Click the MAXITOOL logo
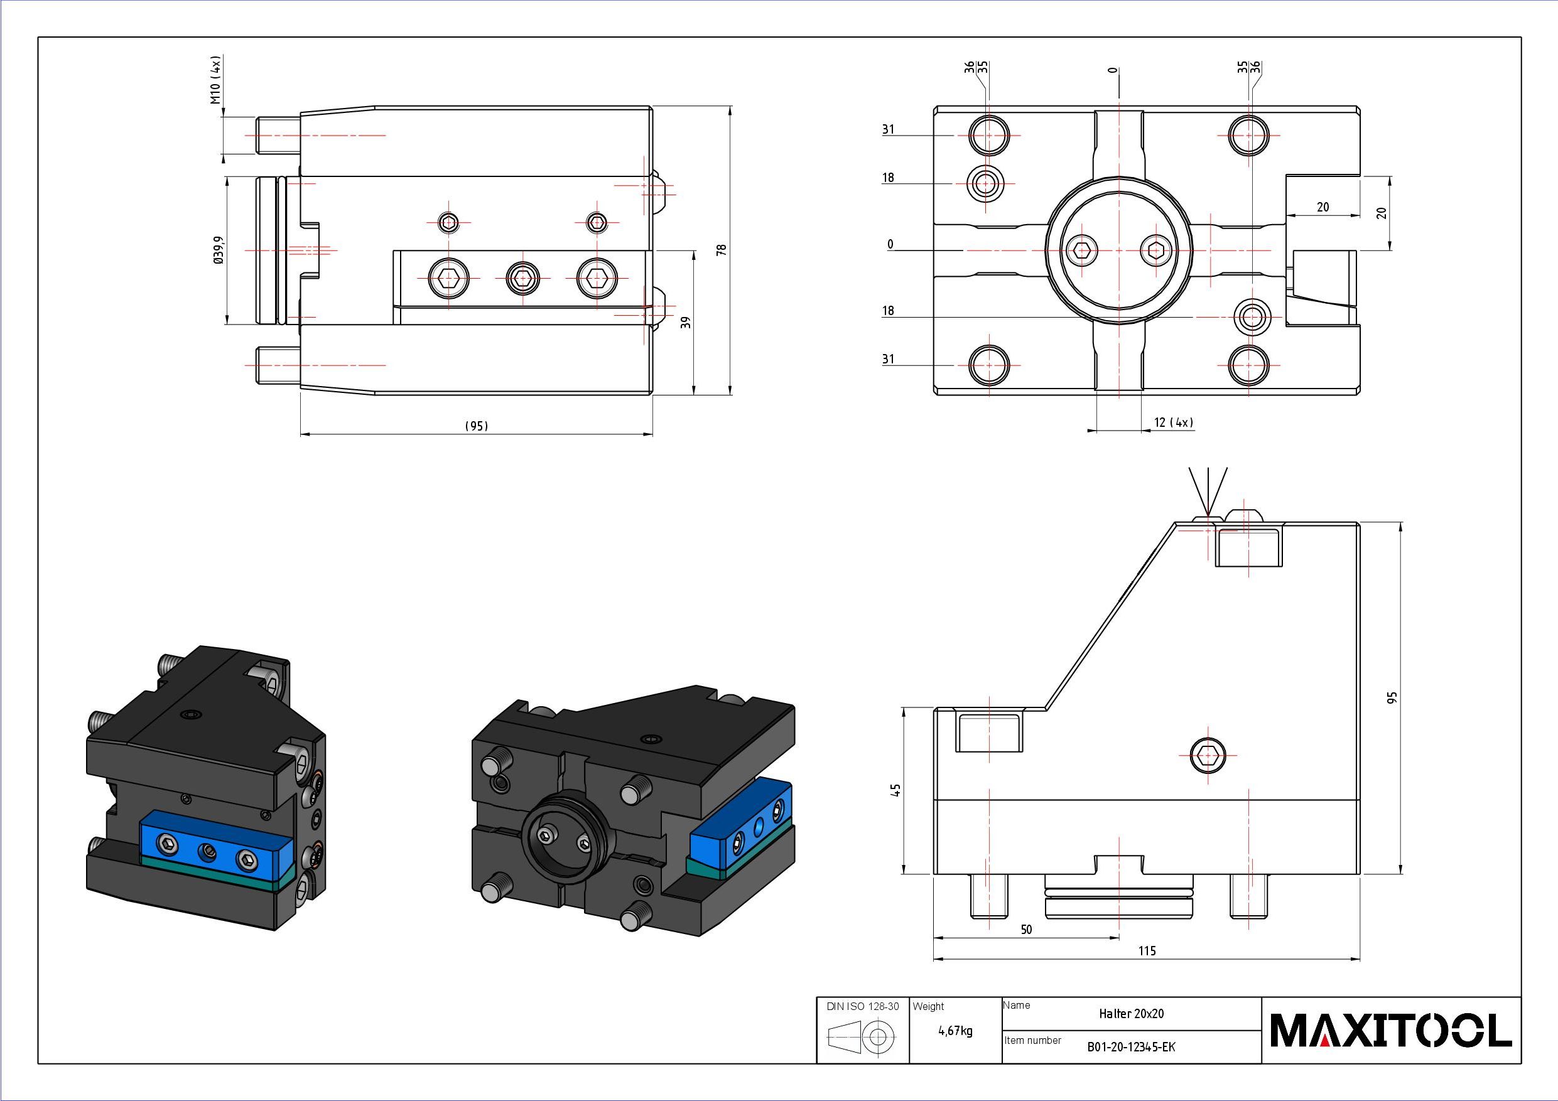(1390, 1030)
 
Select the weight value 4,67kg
(955, 1031)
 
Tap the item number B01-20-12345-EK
(1130, 1047)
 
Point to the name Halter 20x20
(1131, 1014)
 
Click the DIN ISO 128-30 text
(862, 1006)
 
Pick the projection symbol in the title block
(862, 1036)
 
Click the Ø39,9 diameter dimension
(218, 250)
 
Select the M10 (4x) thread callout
(216, 80)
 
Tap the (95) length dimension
(477, 426)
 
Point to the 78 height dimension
(722, 250)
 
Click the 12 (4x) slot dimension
(1173, 422)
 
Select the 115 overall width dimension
(1147, 950)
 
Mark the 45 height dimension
(896, 790)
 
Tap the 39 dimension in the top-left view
(686, 322)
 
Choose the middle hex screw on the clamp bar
(522, 277)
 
